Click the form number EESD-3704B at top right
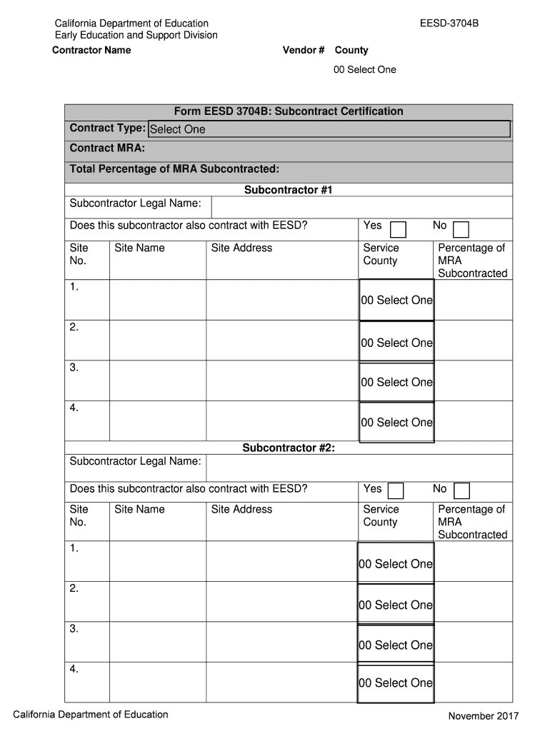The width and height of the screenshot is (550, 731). click(449, 24)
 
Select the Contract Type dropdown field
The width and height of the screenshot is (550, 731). click(329, 129)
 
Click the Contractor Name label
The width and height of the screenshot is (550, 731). click(91, 50)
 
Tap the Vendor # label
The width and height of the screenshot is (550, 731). click(304, 50)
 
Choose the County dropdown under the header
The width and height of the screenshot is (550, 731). click(364, 69)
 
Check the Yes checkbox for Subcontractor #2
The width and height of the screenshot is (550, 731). click(396, 491)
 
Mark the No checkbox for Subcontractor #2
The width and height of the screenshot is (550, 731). click(462, 491)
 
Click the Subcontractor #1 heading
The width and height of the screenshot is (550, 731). click(289, 190)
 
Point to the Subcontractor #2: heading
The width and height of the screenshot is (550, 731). click(289, 448)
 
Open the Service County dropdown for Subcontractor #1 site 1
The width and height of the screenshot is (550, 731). click(396, 301)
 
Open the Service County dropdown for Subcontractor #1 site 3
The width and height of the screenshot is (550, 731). click(396, 382)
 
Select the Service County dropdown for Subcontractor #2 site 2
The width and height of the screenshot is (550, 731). click(396, 605)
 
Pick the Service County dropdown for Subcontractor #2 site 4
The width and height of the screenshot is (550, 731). click(396, 683)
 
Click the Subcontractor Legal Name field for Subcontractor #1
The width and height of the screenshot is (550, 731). click(361, 206)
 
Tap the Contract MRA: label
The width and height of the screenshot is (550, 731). click(107, 148)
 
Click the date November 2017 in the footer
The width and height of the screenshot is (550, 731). click(483, 716)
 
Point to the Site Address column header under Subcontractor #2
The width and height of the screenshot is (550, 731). click(241, 509)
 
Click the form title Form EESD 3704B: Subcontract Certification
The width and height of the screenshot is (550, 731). click(289, 111)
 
